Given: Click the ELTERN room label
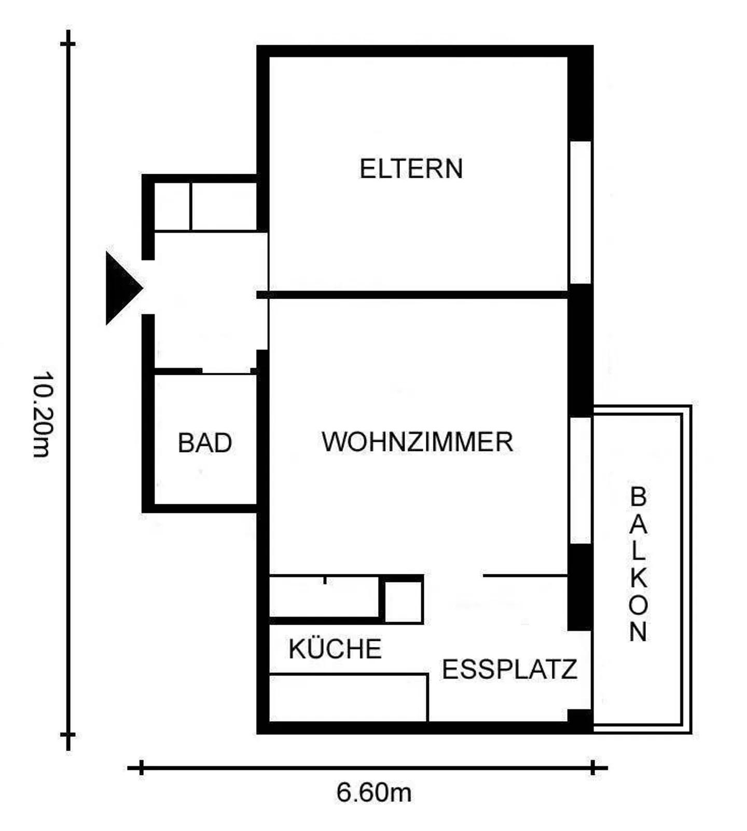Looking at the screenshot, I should pos(411,169).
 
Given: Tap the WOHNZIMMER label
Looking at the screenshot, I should pos(417,442).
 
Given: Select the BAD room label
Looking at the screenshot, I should pos(205,443).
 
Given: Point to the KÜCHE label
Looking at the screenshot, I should pos(335,649).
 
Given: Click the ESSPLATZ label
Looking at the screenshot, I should pos(509,669).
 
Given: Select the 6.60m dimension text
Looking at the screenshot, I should pos(374,793).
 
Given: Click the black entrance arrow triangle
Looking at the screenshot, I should pos(121,288).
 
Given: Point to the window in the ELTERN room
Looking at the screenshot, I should pos(580,213).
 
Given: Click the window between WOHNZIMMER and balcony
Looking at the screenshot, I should pos(580,480).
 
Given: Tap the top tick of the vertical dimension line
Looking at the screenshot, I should pos(68,44).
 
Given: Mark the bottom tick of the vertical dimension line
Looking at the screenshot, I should pos(68,735).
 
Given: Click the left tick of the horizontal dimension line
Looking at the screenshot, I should pos(141,768).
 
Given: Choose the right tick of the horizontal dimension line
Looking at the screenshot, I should pos(593,768).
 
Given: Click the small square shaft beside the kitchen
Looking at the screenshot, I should pos(403,601).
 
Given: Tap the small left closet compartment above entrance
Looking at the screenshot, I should pos(173,206).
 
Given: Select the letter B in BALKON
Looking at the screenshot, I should pos(639,497).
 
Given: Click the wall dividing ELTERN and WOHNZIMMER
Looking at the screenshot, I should pos(415,294).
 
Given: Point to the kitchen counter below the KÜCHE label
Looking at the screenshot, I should pos(348,697).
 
